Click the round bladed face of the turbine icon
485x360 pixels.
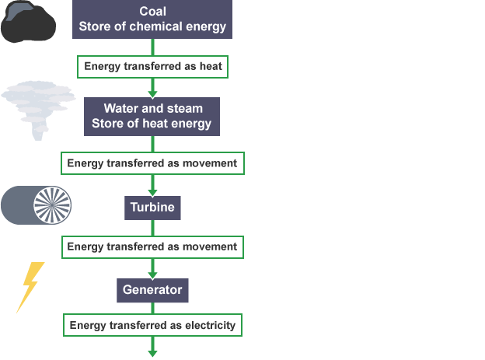[x=52, y=205]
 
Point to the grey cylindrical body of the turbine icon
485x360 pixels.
[x=17, y=205]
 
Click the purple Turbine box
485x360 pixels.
[x=152, y=208]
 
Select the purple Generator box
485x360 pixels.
[x=152, y=290]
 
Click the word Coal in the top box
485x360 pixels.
[x=152, y=11]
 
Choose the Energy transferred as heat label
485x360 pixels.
[x=152, y=66]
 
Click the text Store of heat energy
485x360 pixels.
[x=152, y=124]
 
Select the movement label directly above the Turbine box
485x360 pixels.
[x=152, y=163]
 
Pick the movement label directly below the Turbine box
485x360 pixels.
[x=152, y=246]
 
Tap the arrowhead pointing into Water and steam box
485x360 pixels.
[x=152, y=92]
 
